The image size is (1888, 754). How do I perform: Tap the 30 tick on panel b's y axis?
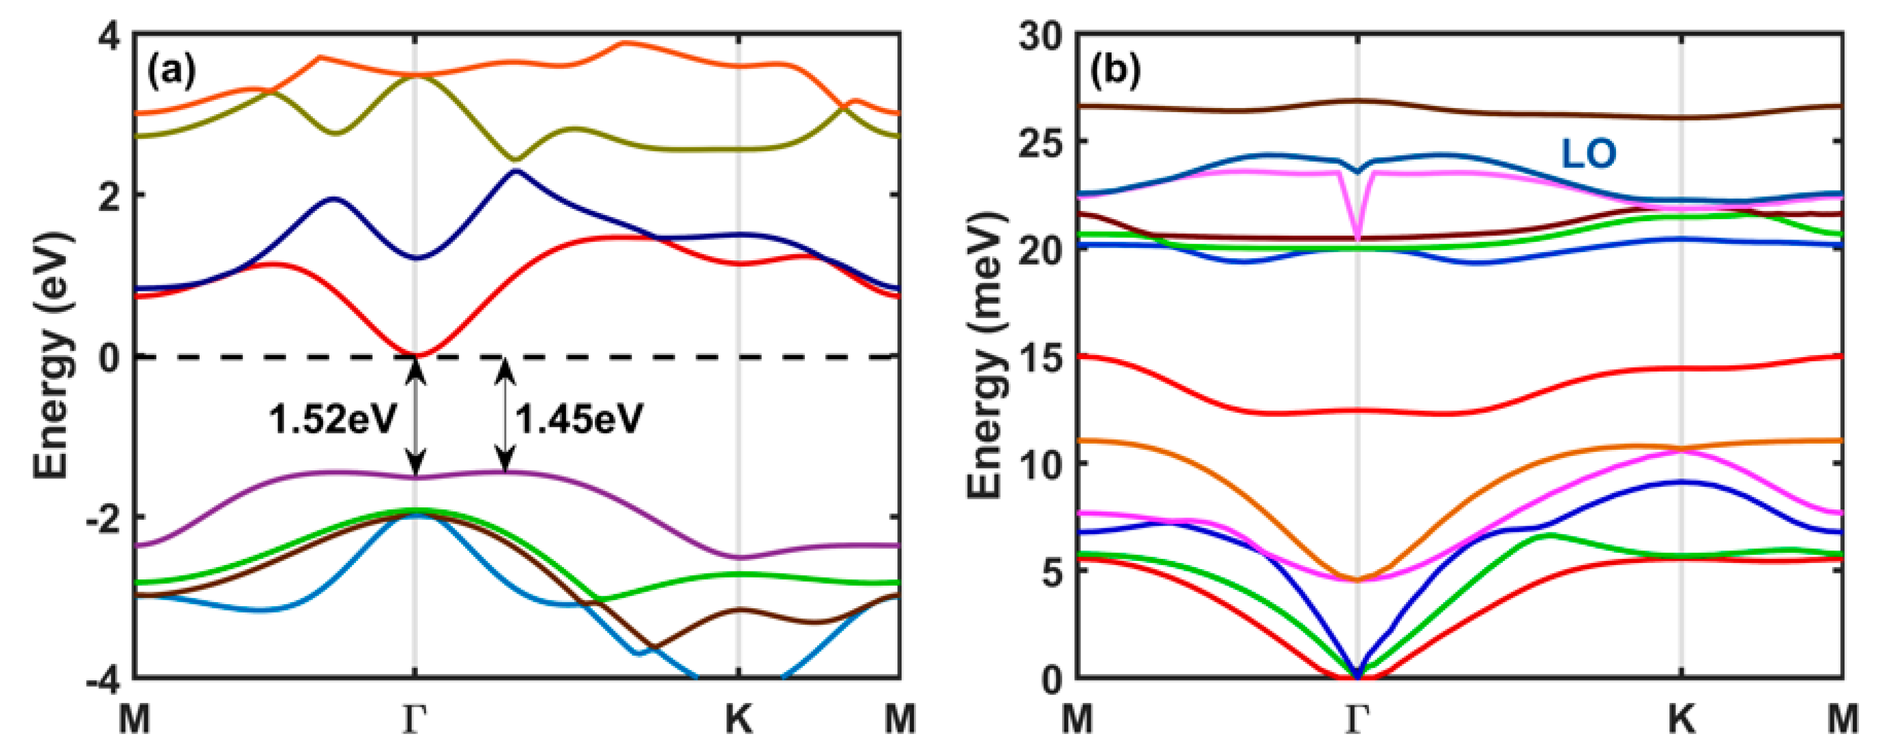click(x=1039, y=35)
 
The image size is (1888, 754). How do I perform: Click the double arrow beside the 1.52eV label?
click(x=416, y=418)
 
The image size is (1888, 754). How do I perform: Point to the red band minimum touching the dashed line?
click(x=416, y=355)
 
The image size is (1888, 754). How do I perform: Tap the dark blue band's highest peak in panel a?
click(x=516, y=171)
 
